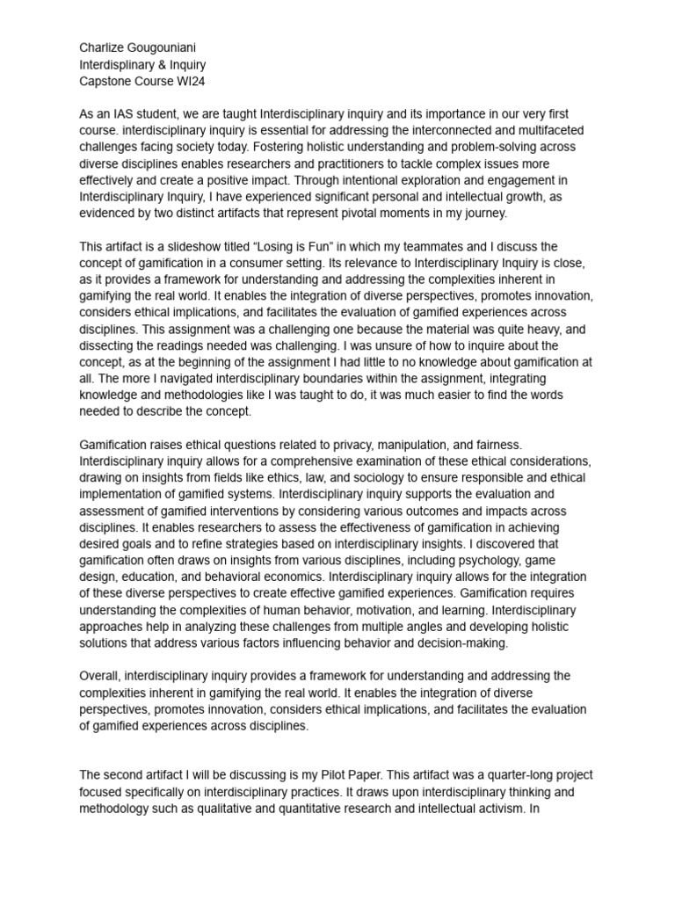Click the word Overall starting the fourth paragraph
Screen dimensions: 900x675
click(102, 676)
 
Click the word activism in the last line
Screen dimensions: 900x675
click(494, 808)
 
